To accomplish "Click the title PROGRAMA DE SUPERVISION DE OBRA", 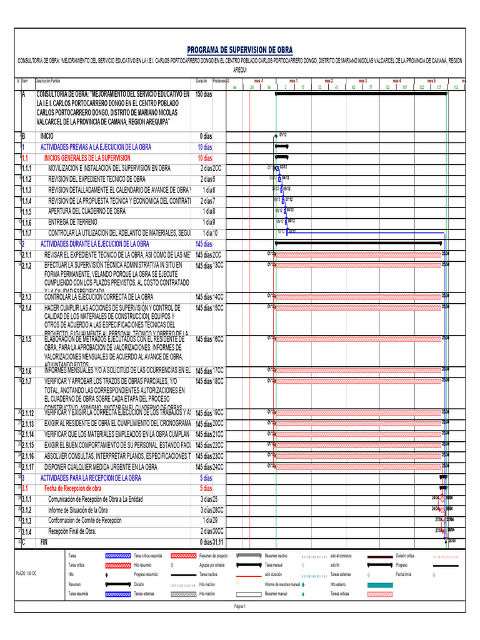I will [240, 50].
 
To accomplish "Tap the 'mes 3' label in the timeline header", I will [362, 81].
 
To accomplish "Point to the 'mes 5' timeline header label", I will [431, 81].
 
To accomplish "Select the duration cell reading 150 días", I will [204, 94].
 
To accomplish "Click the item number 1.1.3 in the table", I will [26, 190].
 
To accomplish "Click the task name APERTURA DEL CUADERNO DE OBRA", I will [87, 211].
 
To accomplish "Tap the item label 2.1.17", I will [28, 467].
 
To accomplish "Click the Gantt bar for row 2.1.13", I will [359, 423].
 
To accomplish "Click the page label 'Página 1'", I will [240, 606].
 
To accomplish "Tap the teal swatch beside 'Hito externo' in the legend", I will [379, 584].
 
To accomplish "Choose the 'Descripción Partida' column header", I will [47, 81].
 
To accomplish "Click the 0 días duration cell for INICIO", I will [206, 136].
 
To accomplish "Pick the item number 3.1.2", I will [26, 510].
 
